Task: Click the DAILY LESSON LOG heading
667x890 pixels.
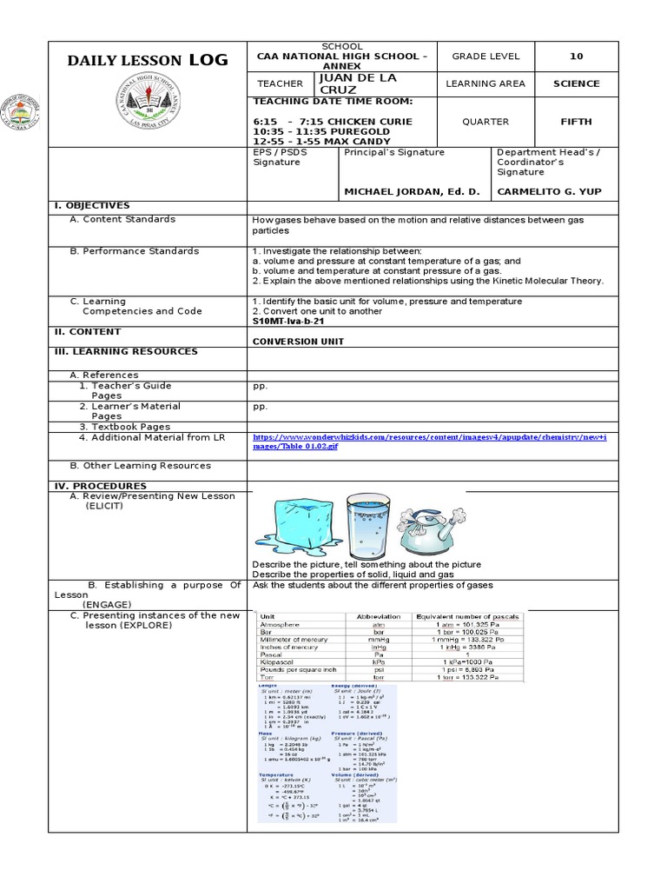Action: coord(149,60)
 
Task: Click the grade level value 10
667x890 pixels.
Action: coord(576,56)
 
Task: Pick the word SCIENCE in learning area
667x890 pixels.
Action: coord(576,83)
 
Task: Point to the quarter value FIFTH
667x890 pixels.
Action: coord(576,122)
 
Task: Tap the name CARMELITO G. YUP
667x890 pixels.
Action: coord(548,191)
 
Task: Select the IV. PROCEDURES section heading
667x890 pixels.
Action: coord(97,486)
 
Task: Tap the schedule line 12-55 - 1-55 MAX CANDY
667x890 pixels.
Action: coord(320,141)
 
